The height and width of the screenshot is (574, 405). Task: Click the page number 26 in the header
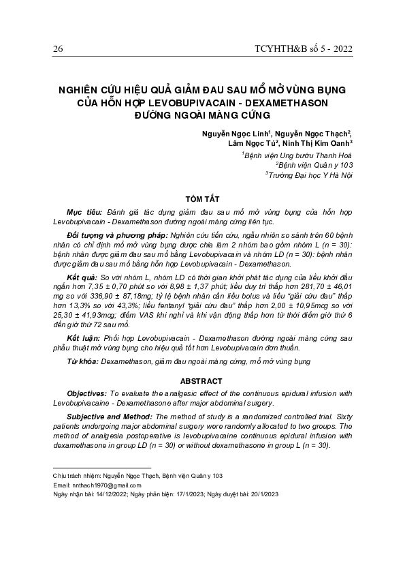57,48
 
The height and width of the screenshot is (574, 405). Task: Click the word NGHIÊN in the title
78,89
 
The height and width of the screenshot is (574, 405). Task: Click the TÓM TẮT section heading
202,198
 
